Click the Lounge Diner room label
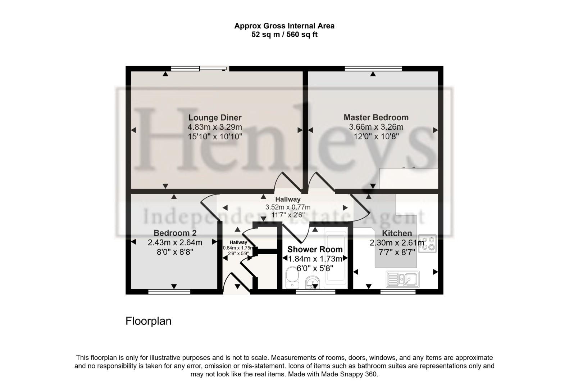215,117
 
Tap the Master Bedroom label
376,117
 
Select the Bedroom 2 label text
175,233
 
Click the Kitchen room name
397,233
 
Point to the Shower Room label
315,249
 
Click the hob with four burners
428,243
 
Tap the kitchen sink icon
403,278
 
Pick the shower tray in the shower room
336,257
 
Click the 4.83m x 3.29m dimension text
215,127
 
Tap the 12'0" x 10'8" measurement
376,137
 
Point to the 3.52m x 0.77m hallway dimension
288,207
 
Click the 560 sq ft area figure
302,35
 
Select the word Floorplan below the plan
148,321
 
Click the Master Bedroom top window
373,68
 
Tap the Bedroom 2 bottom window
169,291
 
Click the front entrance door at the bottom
236,285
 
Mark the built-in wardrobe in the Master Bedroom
409,178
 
